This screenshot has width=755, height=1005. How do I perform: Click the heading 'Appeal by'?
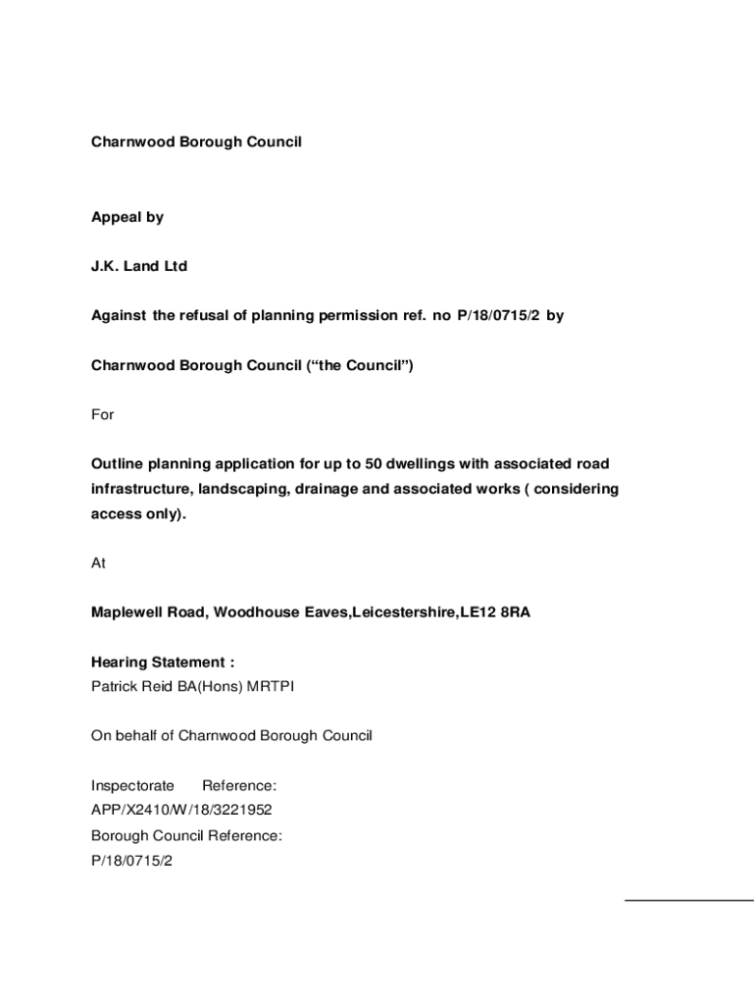point(127,218)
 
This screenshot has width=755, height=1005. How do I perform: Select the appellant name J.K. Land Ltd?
point(139,267)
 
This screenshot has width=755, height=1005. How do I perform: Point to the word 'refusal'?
point(202,316)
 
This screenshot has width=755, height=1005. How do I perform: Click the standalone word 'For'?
point(103,414)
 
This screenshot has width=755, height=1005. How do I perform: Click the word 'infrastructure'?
point(140,489)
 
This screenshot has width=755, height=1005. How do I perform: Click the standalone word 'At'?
point(99,563)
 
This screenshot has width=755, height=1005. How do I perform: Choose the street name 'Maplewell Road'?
point(147,612)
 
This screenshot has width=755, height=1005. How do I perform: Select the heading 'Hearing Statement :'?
point(163,662)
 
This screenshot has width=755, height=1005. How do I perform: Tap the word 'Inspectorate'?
point(133,785)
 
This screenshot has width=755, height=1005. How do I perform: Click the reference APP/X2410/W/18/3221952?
point(181,810)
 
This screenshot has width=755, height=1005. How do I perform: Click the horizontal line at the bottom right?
point(688,899)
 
